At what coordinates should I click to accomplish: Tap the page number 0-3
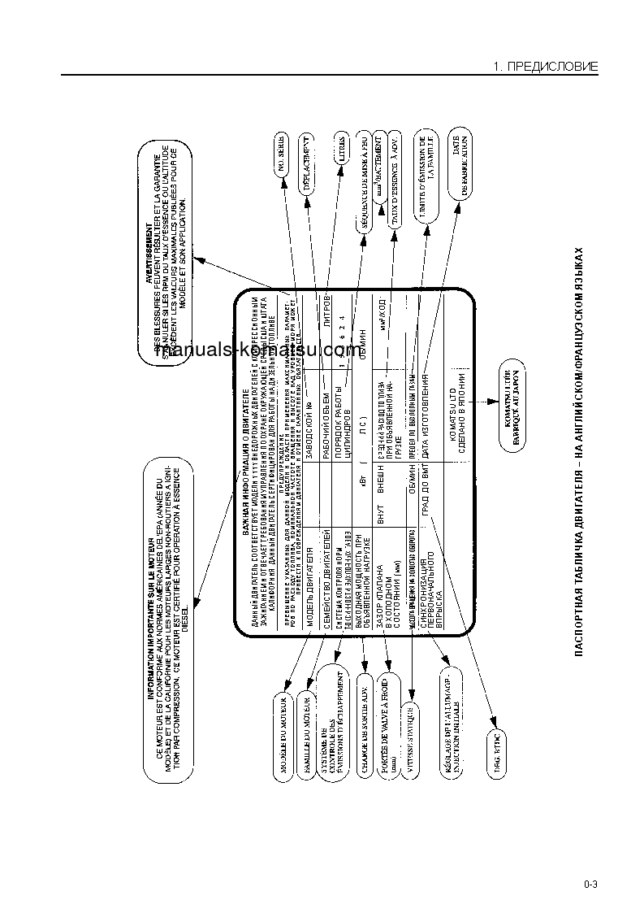(x=590, y=885)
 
